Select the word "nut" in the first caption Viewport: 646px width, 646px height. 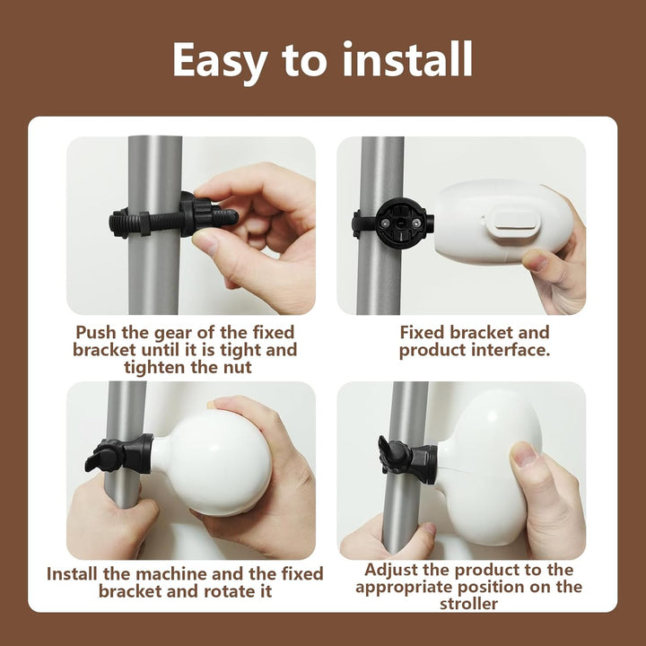237,368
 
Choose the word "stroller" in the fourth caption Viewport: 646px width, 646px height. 468,604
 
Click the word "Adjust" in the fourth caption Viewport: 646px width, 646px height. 391,571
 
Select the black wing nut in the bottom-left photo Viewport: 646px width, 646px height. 104,455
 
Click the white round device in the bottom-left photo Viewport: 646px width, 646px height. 214,461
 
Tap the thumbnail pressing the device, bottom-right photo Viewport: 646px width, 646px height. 523,455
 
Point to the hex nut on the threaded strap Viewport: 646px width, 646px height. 144,223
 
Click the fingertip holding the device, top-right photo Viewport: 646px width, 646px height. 536,262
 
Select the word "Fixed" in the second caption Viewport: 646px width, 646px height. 422,333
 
